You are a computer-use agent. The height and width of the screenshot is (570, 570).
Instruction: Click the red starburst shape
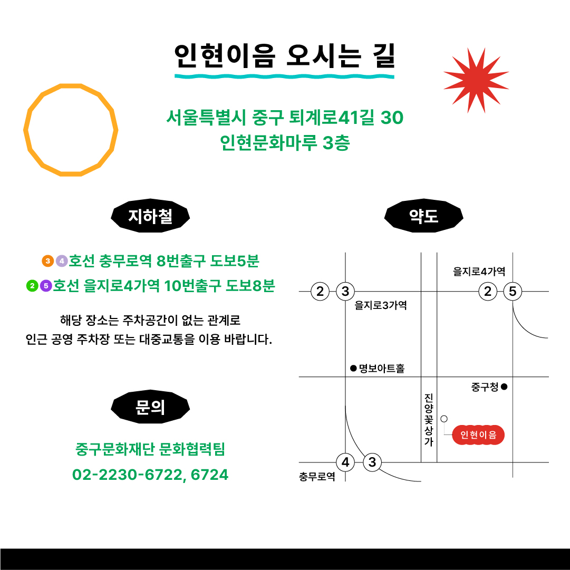pyautogui.click(x=476, y=80)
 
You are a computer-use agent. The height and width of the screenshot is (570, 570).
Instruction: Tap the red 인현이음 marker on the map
pyautogui.click(x=478, y=435)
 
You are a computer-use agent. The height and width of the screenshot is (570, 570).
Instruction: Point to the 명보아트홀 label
pyautogui.click(x=382, y=369)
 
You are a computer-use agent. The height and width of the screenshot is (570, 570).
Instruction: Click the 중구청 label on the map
pyautogui.click(x=485, y=387)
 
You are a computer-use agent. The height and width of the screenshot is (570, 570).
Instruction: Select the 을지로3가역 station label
pyautogui.click(x=381, y=305)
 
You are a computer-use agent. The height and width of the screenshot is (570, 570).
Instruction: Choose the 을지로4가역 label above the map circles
pyautogui.click(x=479, y=271)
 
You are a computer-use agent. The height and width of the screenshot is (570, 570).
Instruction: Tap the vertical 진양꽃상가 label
pyautogui.click(x=429, y=420)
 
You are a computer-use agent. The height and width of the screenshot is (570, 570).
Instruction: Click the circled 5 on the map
pyautogui.click(x=513, y=292)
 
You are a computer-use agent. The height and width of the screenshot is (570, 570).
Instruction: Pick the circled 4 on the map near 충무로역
pyautogui.click(x=345, y=462)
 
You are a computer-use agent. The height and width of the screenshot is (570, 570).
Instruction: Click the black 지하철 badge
pyautogui.click(x=150, y=216)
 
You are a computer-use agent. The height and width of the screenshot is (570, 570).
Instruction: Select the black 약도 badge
pyautogui.click(x=424, y=216)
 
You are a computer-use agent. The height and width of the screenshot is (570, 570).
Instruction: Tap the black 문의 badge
pyautogui.click(x=150, y=407)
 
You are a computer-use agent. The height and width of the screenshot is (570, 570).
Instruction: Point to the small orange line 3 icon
pyautogui.click(x=47, y=261)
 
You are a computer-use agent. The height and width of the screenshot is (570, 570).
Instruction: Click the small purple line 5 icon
pyautogui.click(x=46, y=286)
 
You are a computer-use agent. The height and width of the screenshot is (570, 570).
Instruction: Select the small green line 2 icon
pyautogui.click(x=32, y=286)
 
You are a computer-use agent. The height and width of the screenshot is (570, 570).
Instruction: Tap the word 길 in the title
pyautogui.click(x=384, y=55)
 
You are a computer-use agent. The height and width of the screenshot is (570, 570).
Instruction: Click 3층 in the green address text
pyautogui.click(x=336, y=142)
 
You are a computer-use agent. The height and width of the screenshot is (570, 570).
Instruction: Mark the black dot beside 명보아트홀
pyautogui.click(x=353, y=369)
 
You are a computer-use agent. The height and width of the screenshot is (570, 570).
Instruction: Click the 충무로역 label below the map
pyautogui.click(x=317, y=477)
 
